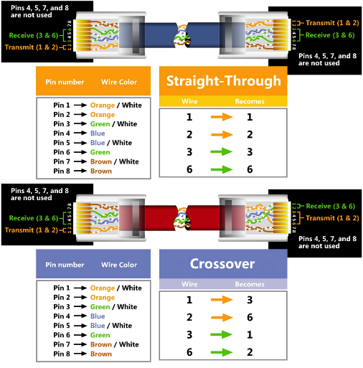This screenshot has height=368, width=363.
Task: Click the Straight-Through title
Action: (x=224, y=81)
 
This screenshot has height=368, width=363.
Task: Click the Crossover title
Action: (x=222, y=264)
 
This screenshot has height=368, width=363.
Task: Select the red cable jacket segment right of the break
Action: (x=203, y=218)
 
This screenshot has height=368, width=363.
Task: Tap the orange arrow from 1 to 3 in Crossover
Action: (x=222, y=300)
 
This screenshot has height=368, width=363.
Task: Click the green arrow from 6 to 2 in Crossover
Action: (x=222, y=352)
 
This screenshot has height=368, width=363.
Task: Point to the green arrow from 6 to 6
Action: (x=222, y=169)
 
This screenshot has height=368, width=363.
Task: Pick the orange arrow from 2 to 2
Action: (x=222, y=134)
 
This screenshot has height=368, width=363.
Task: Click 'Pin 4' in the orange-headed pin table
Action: (x=62, y=133)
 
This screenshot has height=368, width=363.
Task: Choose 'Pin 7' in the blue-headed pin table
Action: (x=62, y=344)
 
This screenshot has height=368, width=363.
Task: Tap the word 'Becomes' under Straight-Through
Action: (x=250, y=101)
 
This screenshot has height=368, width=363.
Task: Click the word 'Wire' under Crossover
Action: (x=189, y=284)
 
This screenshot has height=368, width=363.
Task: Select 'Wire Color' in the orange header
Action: (x=119, y=82)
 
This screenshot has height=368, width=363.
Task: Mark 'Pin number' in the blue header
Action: (x=65, y=265)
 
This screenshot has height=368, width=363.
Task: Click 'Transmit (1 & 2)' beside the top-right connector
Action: (x=332, y=23)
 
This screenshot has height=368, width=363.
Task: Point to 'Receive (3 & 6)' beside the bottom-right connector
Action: (x=331, y=206)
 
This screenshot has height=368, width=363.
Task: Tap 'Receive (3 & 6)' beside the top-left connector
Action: (x=34, y=35)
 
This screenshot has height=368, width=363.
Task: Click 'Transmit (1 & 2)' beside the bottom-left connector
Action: (x=32, y=230)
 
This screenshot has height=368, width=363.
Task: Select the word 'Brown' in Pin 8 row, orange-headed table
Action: (x=101, y=171)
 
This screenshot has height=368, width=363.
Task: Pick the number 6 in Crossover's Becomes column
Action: (x=250, y=317)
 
